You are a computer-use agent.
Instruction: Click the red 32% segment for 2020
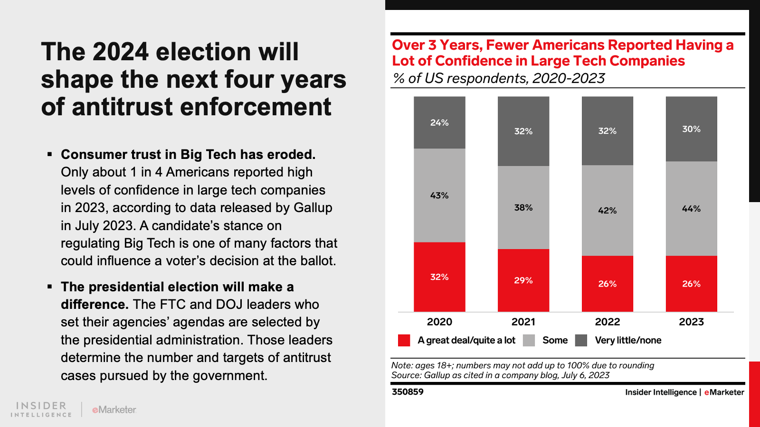coord(439,277)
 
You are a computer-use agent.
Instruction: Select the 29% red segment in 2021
coord(523,280)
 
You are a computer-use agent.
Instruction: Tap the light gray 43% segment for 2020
coord(439,195)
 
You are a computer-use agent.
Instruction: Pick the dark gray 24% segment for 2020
coord(439,122)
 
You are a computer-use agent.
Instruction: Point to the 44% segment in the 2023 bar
coord(691,208)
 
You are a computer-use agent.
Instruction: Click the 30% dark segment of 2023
coord(691,129)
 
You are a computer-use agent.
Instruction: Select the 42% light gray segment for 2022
coord(607,210)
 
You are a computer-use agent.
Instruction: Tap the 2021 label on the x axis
coord(523,322)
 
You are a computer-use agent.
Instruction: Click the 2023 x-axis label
coord(691,322)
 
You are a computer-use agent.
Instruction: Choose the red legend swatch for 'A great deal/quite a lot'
coord(404,340)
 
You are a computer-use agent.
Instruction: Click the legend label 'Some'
coord(555,340)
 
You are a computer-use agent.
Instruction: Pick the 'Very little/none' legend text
coord(628,340)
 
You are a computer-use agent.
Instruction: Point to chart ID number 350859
coord(408,392)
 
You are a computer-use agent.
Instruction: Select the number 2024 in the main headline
coord(121,52)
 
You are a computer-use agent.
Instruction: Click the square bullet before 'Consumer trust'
coord(49,155)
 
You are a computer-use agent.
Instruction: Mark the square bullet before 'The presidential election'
coord(49,287)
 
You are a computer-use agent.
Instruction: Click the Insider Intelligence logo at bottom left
coord(41,409)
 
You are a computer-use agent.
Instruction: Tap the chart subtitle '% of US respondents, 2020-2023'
coord(499,78)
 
